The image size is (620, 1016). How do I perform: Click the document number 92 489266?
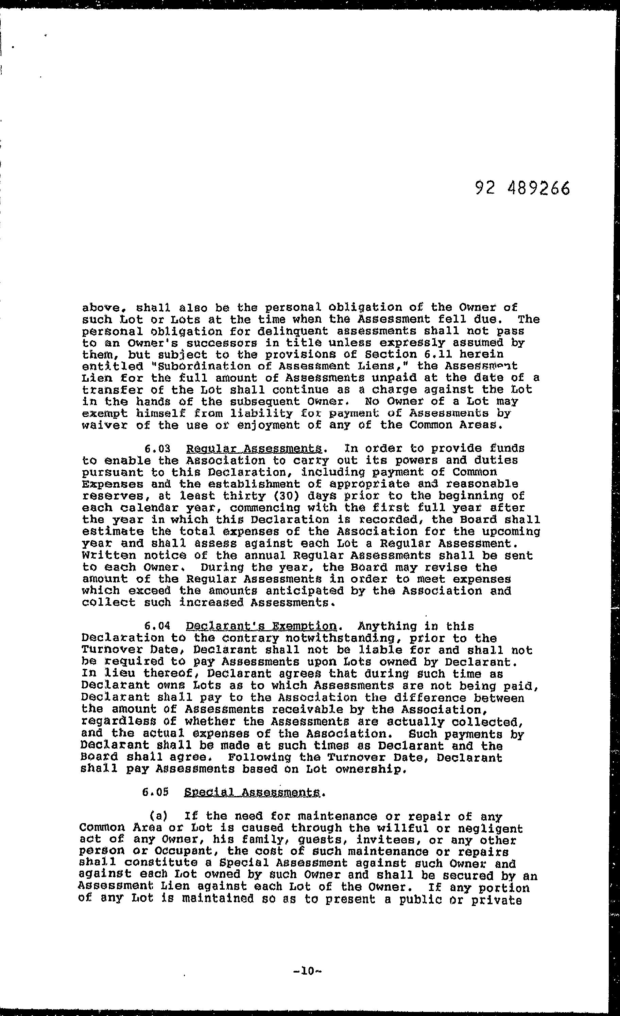tap(522, 188)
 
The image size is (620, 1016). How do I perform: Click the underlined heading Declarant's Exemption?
tap(262, 626)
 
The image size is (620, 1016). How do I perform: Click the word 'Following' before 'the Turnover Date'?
tap(259, 758)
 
